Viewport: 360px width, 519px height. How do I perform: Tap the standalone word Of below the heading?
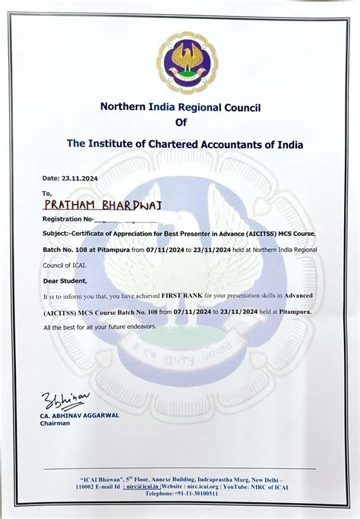point(180,123)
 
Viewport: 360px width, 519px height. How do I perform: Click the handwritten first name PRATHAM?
point(73,204)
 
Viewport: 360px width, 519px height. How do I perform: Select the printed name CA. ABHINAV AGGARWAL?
point(81,417)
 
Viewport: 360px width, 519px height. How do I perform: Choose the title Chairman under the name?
point(55,424)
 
